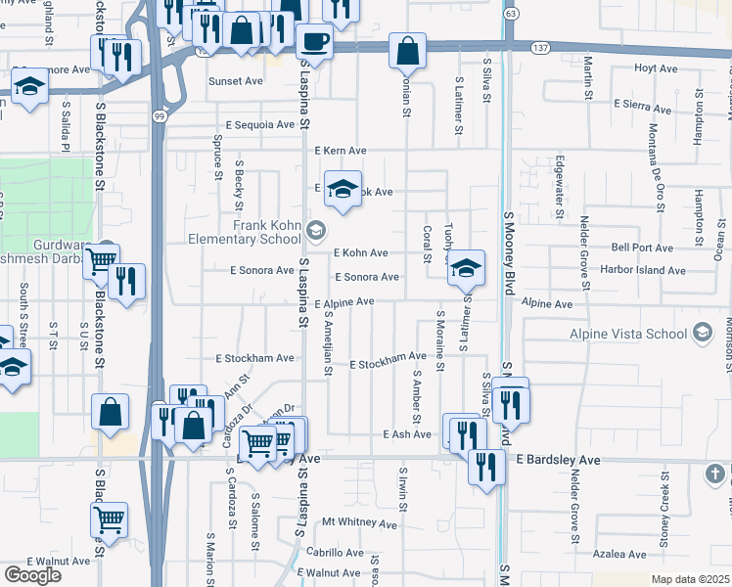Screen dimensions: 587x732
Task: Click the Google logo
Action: (x=32, y=575)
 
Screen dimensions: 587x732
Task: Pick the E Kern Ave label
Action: (x=341, y=151)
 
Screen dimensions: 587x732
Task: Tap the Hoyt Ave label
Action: (x=656, y=68)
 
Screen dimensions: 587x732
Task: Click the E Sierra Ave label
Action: (x=646, y=103)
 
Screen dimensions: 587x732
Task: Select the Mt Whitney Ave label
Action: (x=360, y=523)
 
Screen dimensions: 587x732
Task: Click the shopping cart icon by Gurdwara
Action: (x=101, y=260)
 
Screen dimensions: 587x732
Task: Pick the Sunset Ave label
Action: (x=236, y=81)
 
